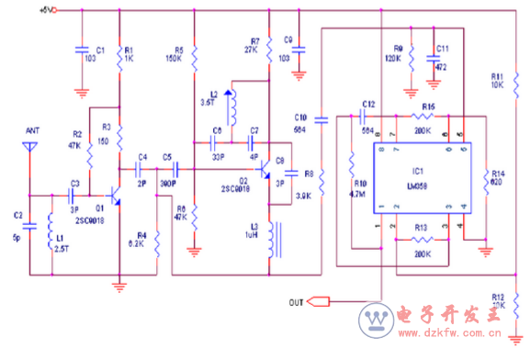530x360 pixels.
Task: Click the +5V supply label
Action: point(46,10)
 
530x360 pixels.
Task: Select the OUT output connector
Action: point(318,300)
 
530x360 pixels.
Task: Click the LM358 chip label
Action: point(417,185)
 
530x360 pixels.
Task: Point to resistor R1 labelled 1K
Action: point(119,56)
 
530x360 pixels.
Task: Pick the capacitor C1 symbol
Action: point(82,52)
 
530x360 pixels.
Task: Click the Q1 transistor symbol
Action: point(114,196)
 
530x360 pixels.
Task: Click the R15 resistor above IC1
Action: point(428,118)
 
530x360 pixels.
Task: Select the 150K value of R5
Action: point(173,59)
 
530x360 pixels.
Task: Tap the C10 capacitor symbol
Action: point(321,119)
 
